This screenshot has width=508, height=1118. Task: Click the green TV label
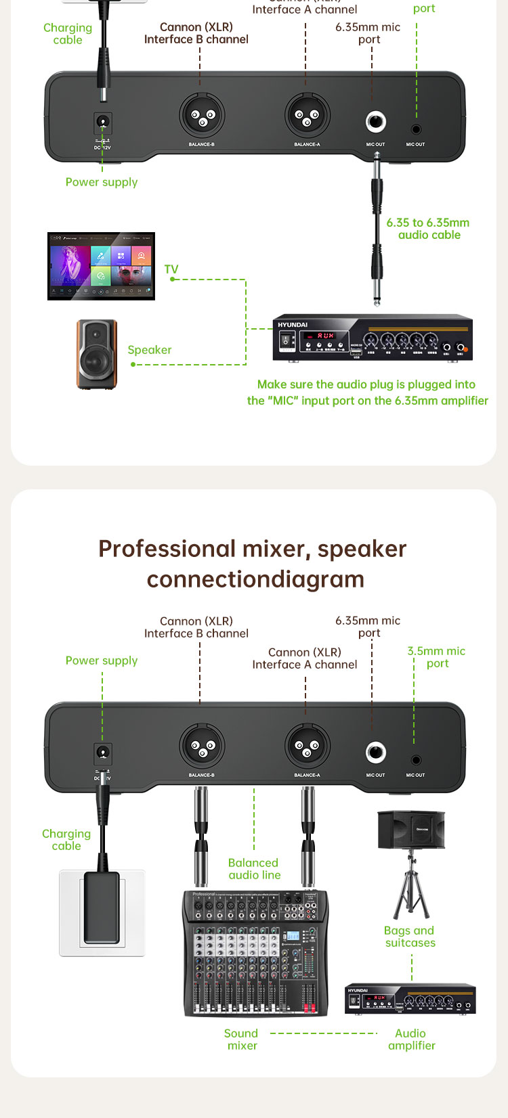coord(171,269)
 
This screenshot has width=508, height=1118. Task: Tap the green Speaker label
coord(150,350)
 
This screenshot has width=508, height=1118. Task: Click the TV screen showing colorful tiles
coord(101,266)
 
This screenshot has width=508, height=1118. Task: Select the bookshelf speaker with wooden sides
coord(96,355)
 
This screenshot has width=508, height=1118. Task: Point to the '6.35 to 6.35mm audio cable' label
coord(428,229)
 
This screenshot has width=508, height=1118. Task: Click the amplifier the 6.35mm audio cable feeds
coord(372,337)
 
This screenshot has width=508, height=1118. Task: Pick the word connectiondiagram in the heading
coord(255,579)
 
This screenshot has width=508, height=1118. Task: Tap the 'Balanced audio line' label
coord(254,869)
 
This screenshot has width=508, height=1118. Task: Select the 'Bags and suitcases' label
coord(410,937)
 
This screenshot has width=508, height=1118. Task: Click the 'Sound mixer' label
coord(242,1039)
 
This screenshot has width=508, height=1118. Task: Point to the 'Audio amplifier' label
coord(411,1039)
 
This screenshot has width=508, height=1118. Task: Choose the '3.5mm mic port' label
coord(436,657)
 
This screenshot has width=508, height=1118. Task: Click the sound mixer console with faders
coord(255,954)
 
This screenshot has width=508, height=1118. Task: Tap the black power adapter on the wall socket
coord(102,908)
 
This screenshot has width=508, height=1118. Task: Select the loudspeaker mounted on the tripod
coord(411,830)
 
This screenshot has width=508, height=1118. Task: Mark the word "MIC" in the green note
coord(283,401)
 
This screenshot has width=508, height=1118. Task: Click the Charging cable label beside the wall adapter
coord(66,840)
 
